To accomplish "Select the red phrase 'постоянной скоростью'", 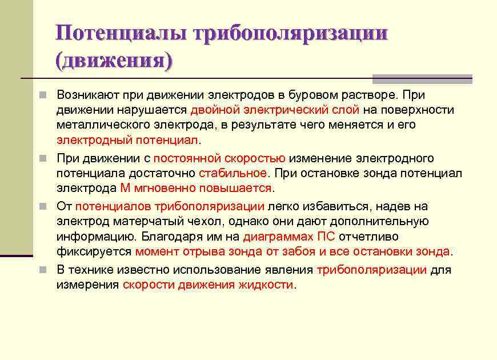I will click(x=219, y=158).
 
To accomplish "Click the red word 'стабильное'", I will click(x=233, y=173).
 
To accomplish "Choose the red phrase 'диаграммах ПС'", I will click(x=288, y=237).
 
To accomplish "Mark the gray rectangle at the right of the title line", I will click(x=422, y=79).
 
